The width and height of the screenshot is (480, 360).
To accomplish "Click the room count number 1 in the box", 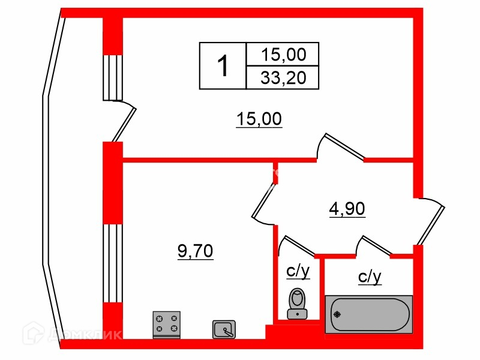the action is click(222, 65).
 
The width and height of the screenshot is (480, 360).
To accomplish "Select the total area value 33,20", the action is click(283, 77).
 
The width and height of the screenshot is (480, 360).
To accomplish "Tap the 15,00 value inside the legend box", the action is click(283, 55).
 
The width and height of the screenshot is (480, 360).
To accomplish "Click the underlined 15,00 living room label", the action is click(259, 119).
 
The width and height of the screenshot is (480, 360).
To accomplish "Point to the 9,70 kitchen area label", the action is click(195, 251).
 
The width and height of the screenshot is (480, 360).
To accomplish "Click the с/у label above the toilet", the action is click(298, 272).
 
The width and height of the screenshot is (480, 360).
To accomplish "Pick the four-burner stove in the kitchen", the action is click(167, 325).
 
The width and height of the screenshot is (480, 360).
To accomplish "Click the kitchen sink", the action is click(224, 329).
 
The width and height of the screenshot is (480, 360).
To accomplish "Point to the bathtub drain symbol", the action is click(337, 313).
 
